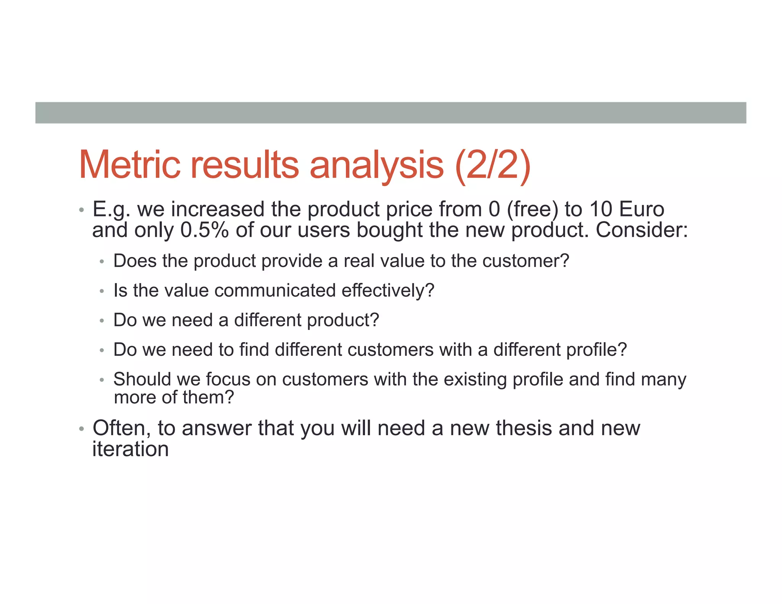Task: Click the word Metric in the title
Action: pos(129,165)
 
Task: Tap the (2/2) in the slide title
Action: pos(493,165)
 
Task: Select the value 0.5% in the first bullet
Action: pos(204,230)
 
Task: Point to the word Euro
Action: pos(641,210)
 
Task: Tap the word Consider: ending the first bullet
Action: pos(641,230)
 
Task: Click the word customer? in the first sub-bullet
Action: pos(525,261)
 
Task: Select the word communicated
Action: pos(275,291)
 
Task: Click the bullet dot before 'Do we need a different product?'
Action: pos(102,321)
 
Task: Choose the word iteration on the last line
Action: pos(130,449)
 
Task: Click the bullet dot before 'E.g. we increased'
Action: pos(81,210)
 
